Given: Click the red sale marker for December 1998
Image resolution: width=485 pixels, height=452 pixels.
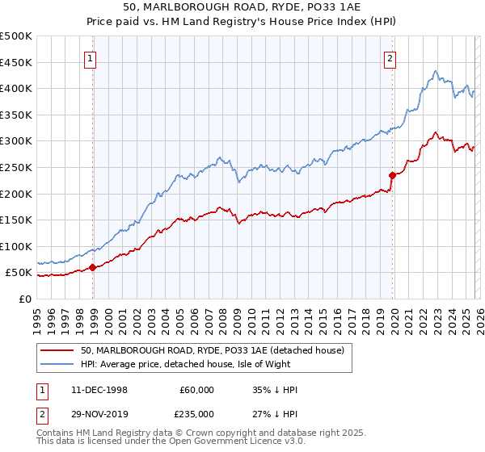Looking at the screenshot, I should tap(93, 267).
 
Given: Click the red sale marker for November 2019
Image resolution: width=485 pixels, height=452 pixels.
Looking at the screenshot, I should tap(392, 174).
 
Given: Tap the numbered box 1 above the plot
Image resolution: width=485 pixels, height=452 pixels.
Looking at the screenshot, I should tap(90, 58).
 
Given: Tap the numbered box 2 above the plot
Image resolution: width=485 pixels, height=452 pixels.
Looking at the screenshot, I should tap(390, 58).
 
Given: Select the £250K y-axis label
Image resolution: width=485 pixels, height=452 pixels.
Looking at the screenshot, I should tap(16, 167).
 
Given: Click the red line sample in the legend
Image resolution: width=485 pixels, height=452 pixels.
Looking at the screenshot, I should tap(57, 350).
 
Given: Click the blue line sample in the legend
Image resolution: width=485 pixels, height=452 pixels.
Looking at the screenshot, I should tap(57, 363).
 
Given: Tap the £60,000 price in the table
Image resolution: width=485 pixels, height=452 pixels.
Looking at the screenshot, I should tap(196, 390).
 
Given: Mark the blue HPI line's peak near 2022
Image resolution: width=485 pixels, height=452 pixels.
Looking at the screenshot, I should tap(435, 70).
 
